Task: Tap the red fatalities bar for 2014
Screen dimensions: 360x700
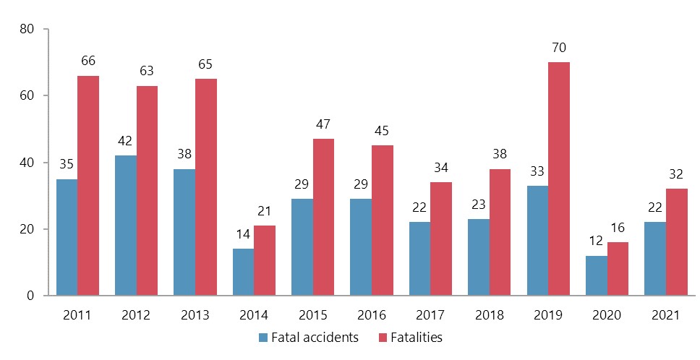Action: [265, 260]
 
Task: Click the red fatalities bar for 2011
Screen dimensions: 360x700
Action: [88, 186]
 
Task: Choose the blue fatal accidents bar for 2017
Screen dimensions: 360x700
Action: [419, 259]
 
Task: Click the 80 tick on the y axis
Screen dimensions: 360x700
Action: [29, 29]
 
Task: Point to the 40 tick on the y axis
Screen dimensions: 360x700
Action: [29, 163]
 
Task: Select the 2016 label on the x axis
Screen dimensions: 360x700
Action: [372, 315]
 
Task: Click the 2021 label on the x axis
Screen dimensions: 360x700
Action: [666, 315]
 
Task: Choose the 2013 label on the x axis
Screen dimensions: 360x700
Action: [195, 315]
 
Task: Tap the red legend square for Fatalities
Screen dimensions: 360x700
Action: [383, 337]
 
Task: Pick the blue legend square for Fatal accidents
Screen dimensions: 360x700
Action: [264, 337]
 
